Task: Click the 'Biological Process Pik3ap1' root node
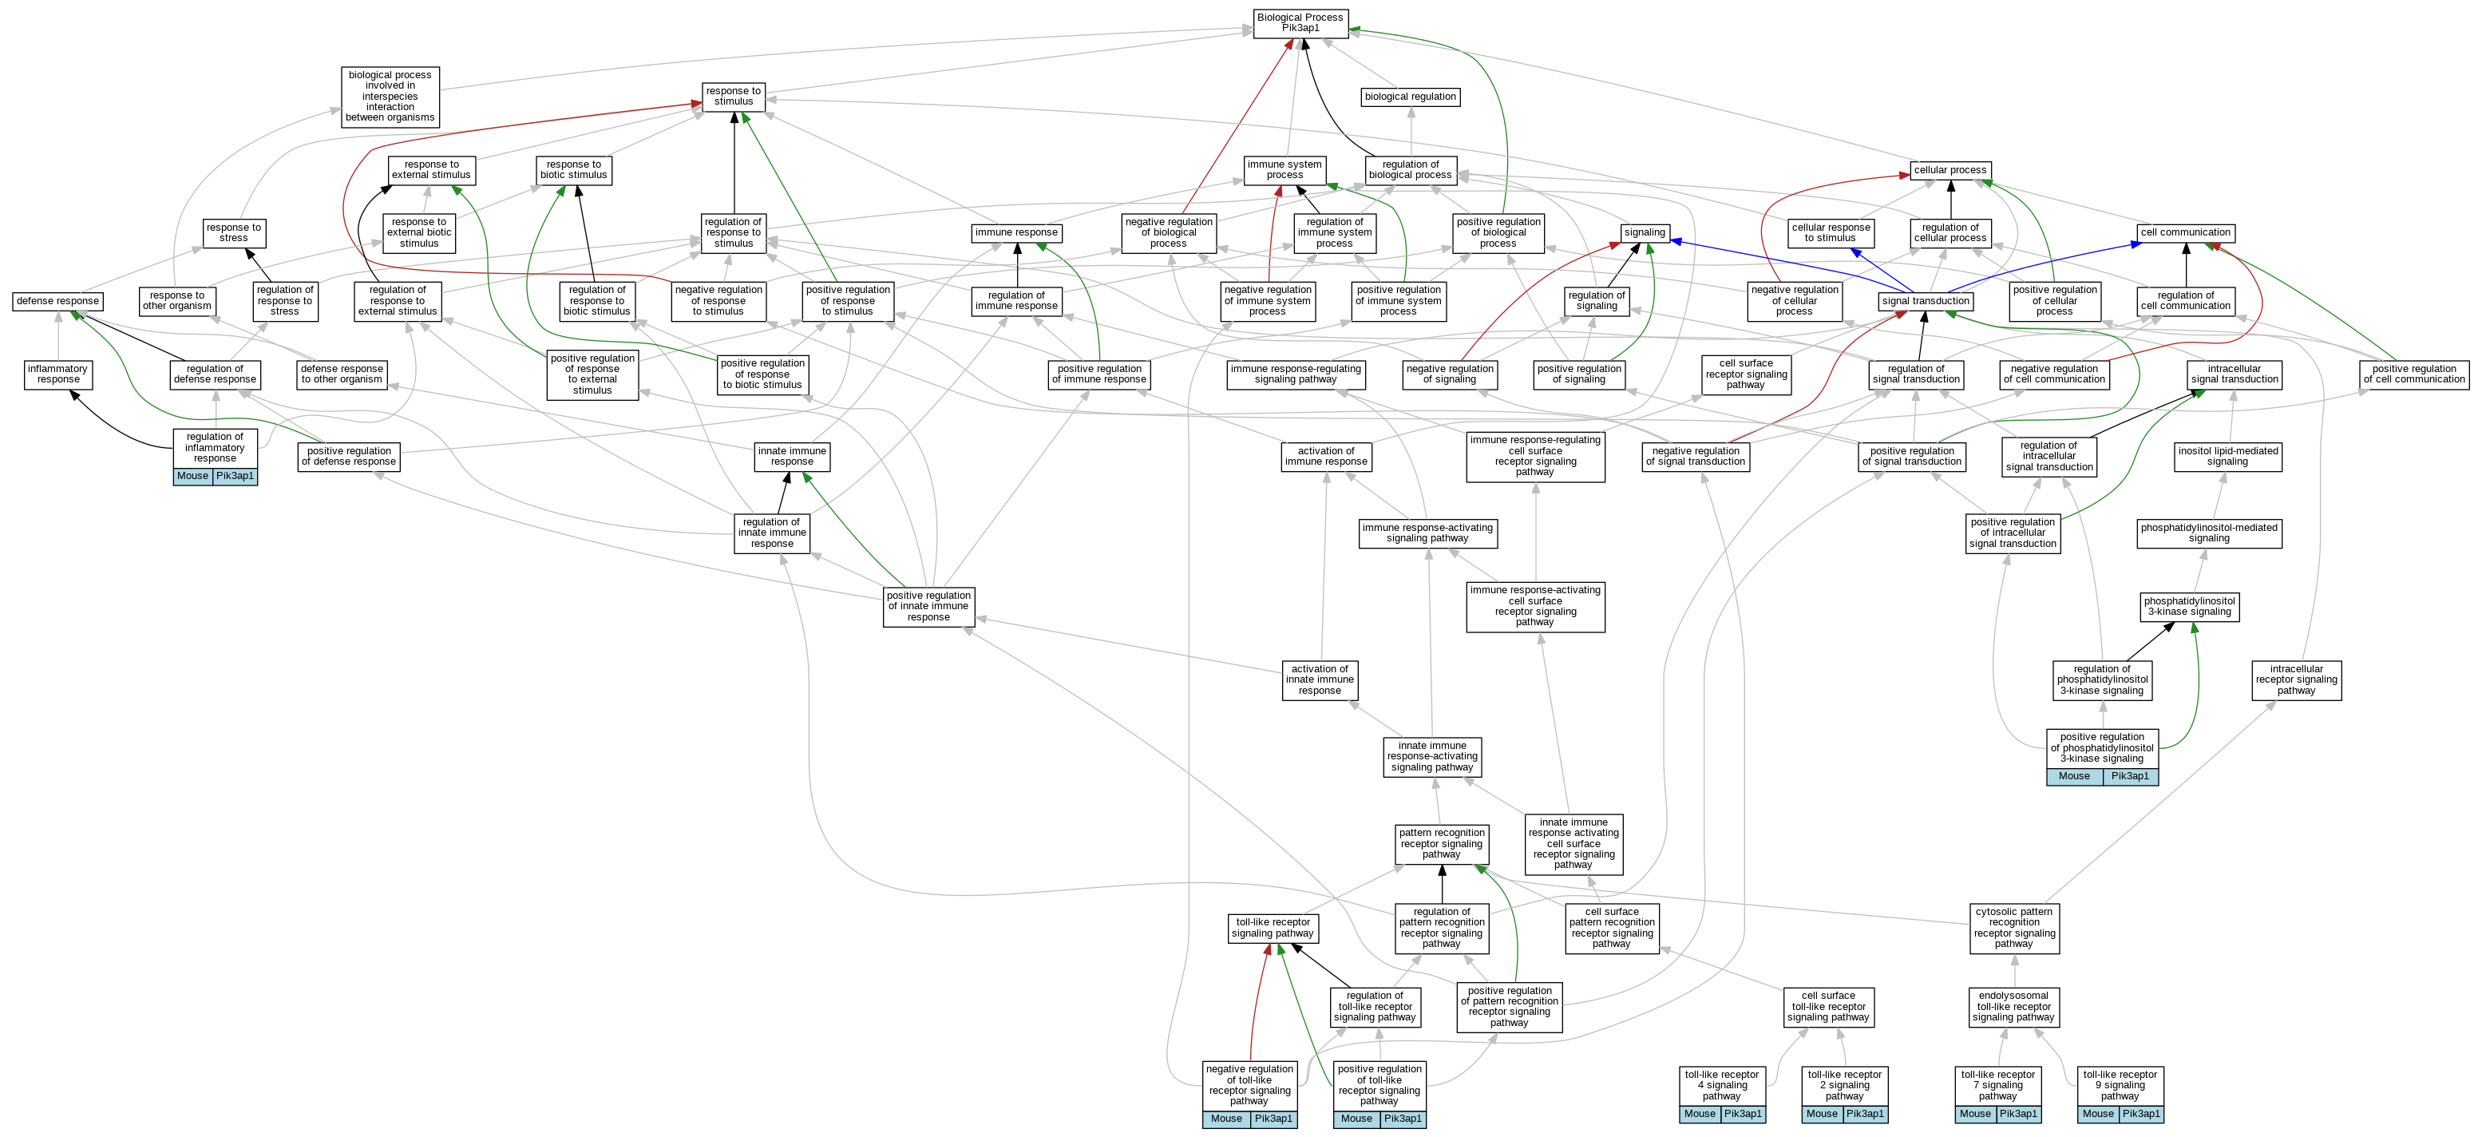pyautogui.click(x=1300, y=23)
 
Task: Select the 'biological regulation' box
pyautogui.click(x=1411, y=97)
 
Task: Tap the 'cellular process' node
pyautogui.click(x=1950, y=171)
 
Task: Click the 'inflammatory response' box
pyautogui.click(x=57, y=374)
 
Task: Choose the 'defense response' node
pyautogui.click(x=57, y=301)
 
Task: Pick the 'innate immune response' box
pyautogui.click(x=792, y=456)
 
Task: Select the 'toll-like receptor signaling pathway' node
pyautogui.click(x=1273, y=928)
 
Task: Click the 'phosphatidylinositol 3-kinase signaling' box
pyautogui.click(x=2190, y=606)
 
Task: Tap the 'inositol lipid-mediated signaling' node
pyautogui.click(x=2227, y=456)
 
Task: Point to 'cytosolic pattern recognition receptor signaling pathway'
pyautogui.click(x=2013, y=927)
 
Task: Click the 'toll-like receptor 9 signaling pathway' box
pyautogui.click(x=2120, y=1085)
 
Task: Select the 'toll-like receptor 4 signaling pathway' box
pyautogui.click(x=1722, y=1085)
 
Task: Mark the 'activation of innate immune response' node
pyautogui.click(x=1320, y=679)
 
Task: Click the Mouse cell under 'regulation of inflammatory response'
pyautogui.click(x=192, y=476)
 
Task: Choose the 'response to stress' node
pyautogui.click(x=233, y=233)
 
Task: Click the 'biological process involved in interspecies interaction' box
pyautogui.click(x=390, y=97)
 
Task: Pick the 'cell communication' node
pyautogui.click(x=2185, y=232)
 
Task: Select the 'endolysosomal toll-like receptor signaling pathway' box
pyautogui.click(x=2013, y=1006)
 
